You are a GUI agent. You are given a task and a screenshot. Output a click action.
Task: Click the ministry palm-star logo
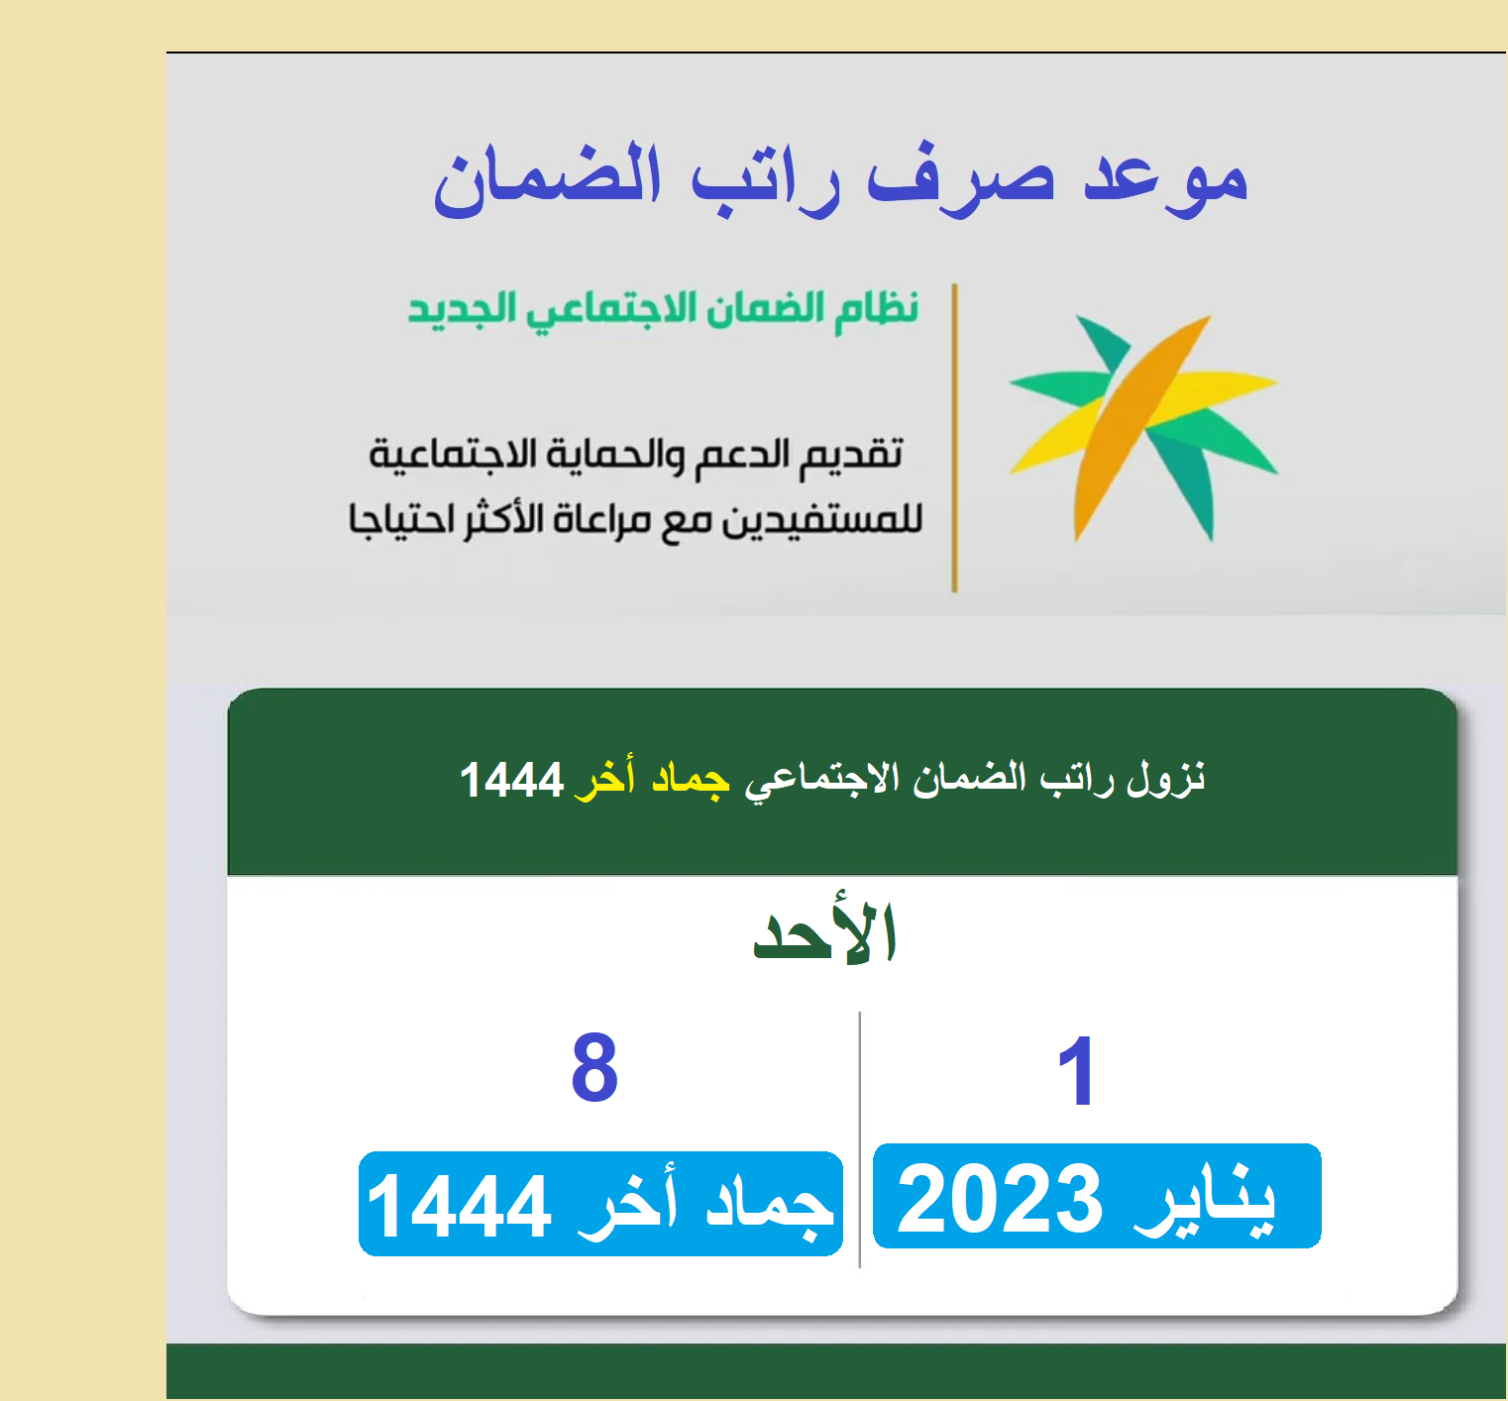click(x=1143, y=428)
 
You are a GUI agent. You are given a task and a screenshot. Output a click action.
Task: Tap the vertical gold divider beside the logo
click(x=954, y=438)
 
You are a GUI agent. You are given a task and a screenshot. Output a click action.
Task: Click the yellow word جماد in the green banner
click(x=691, y=779)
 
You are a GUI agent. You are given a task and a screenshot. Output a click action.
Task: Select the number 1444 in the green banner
click(x=511, y=780)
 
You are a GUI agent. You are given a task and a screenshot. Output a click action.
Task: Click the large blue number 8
click(x=594, y=1068)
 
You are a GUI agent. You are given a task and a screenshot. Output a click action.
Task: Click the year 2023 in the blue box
click(x=999, y=1199)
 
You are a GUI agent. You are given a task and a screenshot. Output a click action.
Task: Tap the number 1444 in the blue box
click(x=458, y=1206)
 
